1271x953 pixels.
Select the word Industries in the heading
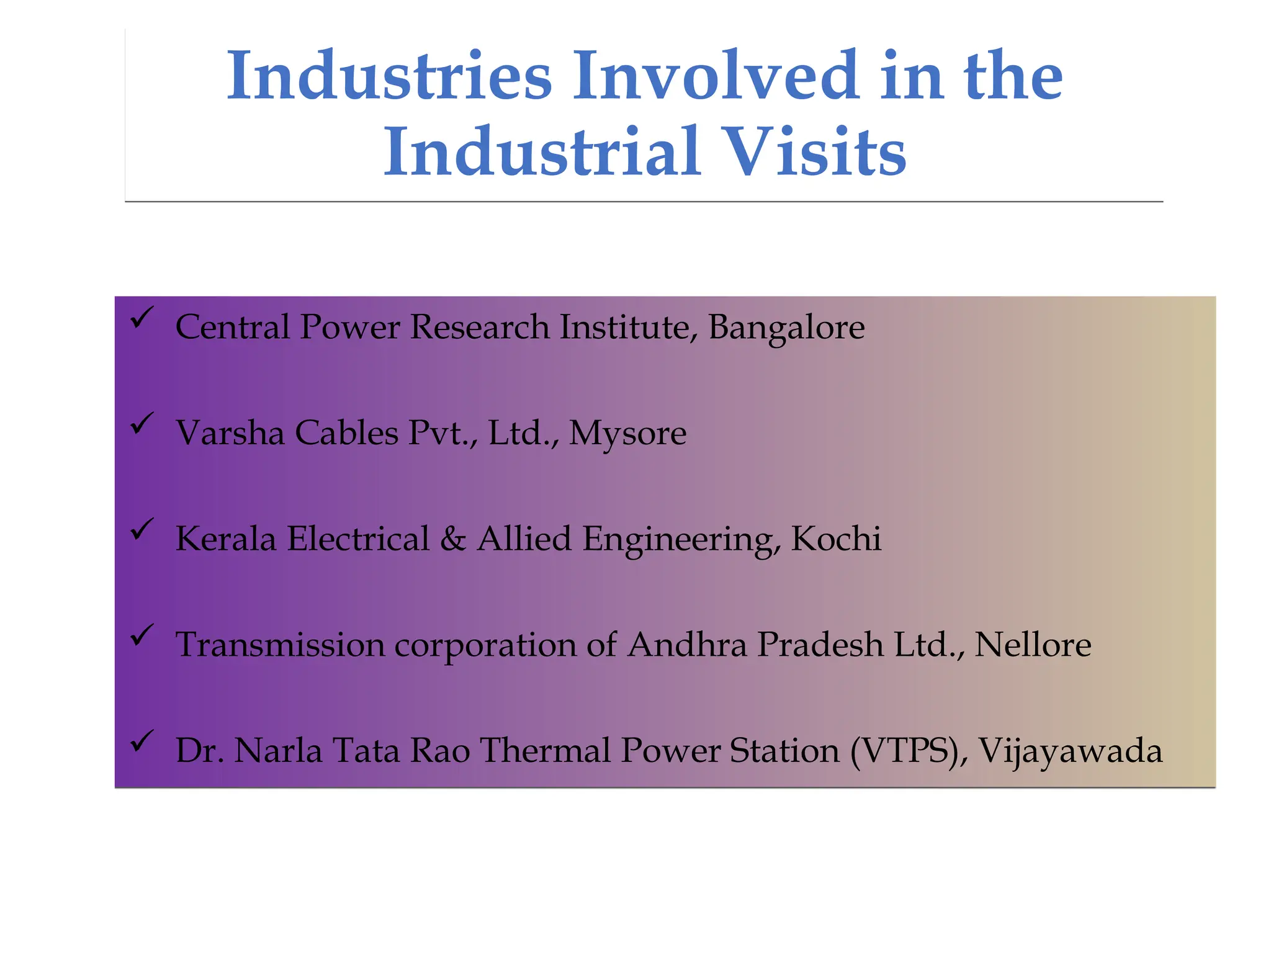coord(389,76)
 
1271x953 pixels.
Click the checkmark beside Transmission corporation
coord(142,635)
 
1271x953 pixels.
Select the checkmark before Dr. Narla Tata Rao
coord(142,741)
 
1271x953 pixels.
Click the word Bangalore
coord(786,328)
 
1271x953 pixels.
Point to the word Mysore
coord(627,434)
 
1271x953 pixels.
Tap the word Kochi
coord(836,539)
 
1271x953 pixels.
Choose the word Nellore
coord(1033,645)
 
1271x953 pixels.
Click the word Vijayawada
coord(1070,751)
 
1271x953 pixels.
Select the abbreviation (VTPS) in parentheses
coord(905,751)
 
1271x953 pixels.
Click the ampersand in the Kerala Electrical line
coord(453,539)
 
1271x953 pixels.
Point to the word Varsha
coord(230,433)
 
